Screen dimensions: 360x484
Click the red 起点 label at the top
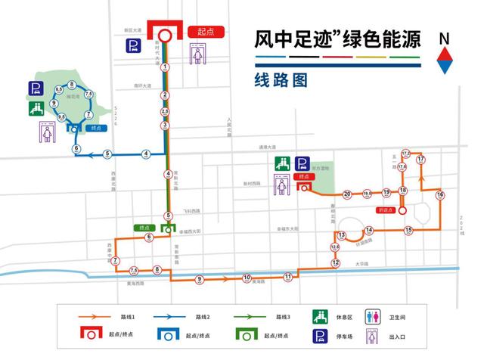[202, 32]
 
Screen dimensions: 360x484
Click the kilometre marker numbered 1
[165, 67]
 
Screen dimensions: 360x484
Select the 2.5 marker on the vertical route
[165, 111]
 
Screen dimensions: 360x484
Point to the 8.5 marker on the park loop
[59, 91]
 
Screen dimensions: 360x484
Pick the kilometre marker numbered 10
[247, 278]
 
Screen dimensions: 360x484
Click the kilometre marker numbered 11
[288, 277]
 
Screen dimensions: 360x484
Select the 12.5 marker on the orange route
[334, 247]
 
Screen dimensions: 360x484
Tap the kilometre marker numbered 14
[368, 230]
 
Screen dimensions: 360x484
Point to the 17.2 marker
[405, 154]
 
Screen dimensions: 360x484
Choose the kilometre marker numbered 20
[347, 194]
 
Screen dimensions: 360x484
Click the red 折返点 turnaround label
[386, 209]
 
